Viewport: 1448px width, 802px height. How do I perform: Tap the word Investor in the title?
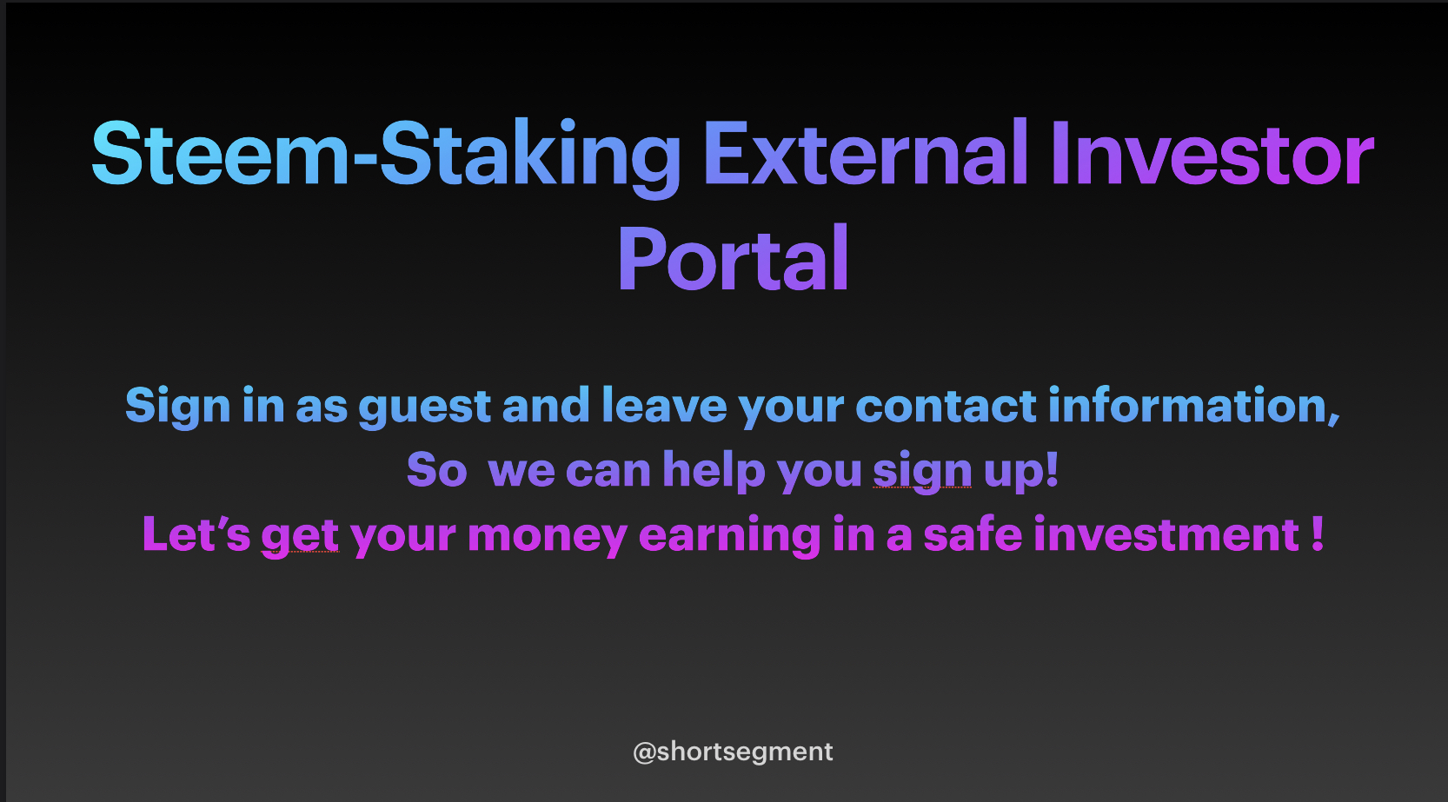[x=1212, y=153]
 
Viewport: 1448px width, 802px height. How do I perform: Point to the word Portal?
[x=733, y=258]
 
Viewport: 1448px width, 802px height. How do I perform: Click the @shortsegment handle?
[x=733, y=752]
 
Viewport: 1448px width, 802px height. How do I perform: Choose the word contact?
[x=947, y=405]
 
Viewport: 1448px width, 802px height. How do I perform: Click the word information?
[x=1194, y=405]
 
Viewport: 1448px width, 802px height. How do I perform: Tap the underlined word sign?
[x=922, y=471]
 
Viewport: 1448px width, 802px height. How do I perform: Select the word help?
[x=714, y=470]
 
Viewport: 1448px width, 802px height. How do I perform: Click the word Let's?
[x=196, y=534]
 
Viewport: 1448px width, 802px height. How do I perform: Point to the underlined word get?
[x=300, y=536]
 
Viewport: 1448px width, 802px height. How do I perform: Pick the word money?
[x=547, y=536]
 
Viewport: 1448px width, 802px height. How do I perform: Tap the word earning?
[x=729, y=535]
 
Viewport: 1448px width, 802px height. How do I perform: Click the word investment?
[x=1166, y=534]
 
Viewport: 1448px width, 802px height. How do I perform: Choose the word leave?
[x=665, y=405]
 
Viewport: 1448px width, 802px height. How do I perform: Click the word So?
[x=437, y=470]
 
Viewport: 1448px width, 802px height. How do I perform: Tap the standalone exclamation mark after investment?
[x=1318, y=534]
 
